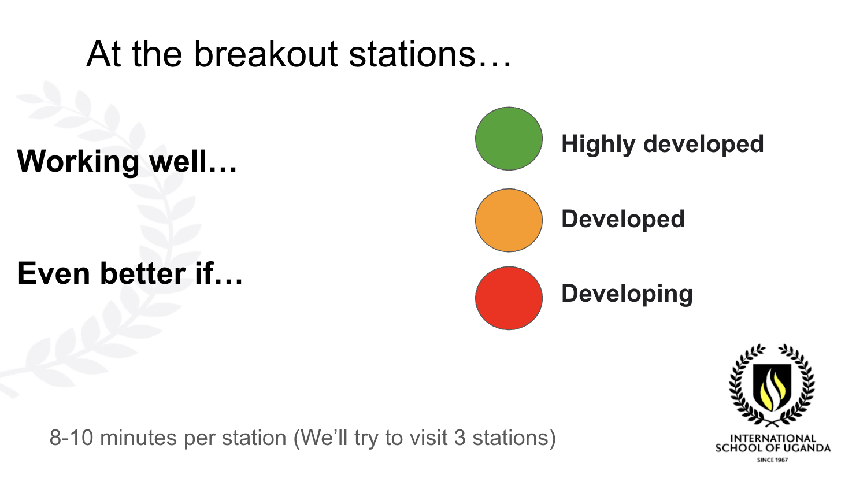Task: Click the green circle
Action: click(509, 139)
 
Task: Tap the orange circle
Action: click(509, 220)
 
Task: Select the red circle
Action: click(509, 298)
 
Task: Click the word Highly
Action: click(598, 145)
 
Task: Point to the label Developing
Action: click(627, 294)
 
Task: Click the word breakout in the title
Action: click(266, 54)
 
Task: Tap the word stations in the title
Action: click(412, 54)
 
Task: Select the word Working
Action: click(78, 161)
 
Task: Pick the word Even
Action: click(54, 273)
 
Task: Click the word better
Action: click(143, 273)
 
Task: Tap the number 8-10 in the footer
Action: click(72, 438)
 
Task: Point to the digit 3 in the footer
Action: click(460, 438)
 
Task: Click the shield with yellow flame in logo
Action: click(772, 387)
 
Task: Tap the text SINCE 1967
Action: click(773, 460)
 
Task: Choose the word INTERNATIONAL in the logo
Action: click(773, 438)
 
